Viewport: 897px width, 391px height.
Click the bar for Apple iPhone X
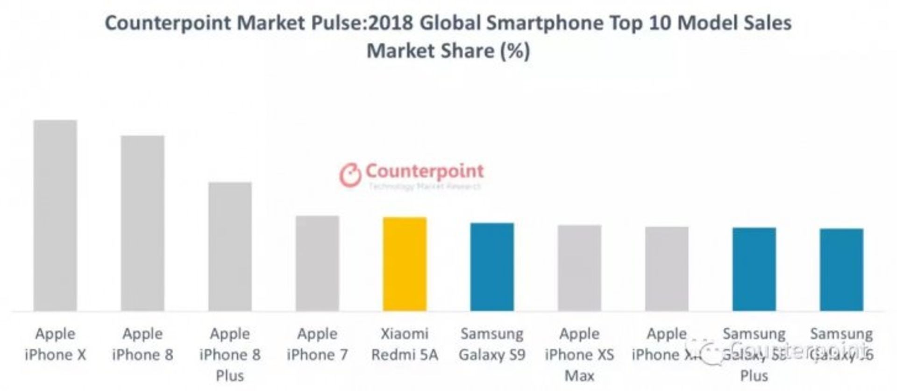click(x=55, y=215)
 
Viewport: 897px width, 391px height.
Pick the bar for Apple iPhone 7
click(x=317, y=263)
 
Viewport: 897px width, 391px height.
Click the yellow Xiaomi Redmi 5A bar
click(x=405, y=264)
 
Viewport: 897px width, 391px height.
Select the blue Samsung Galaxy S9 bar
click(x=492, y=267)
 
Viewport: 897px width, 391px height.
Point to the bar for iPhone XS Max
click(x=579, y=268)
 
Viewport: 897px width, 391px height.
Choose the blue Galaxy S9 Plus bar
click(x=754, y=269)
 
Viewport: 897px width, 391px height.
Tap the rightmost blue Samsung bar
click(x=841, y=270)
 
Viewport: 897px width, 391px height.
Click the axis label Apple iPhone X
click(x=55, y=344)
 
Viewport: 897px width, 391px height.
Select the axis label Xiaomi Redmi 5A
click(x=405, y=344)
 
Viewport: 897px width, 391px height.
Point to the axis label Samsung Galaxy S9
click(x=492, y=344)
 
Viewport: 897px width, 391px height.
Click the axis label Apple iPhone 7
click(x=317, y=344)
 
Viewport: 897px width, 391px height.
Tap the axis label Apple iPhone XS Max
click(x=579, y=355)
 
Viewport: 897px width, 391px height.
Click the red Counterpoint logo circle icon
click(x=350, y=175)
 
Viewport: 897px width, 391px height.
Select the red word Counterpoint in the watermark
click(x=424, y=171)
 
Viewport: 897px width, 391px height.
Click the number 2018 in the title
click(x=391, y=23)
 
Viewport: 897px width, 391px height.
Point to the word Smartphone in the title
click(x=544, y=23)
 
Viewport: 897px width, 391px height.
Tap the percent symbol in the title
click(x=515, y=50)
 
